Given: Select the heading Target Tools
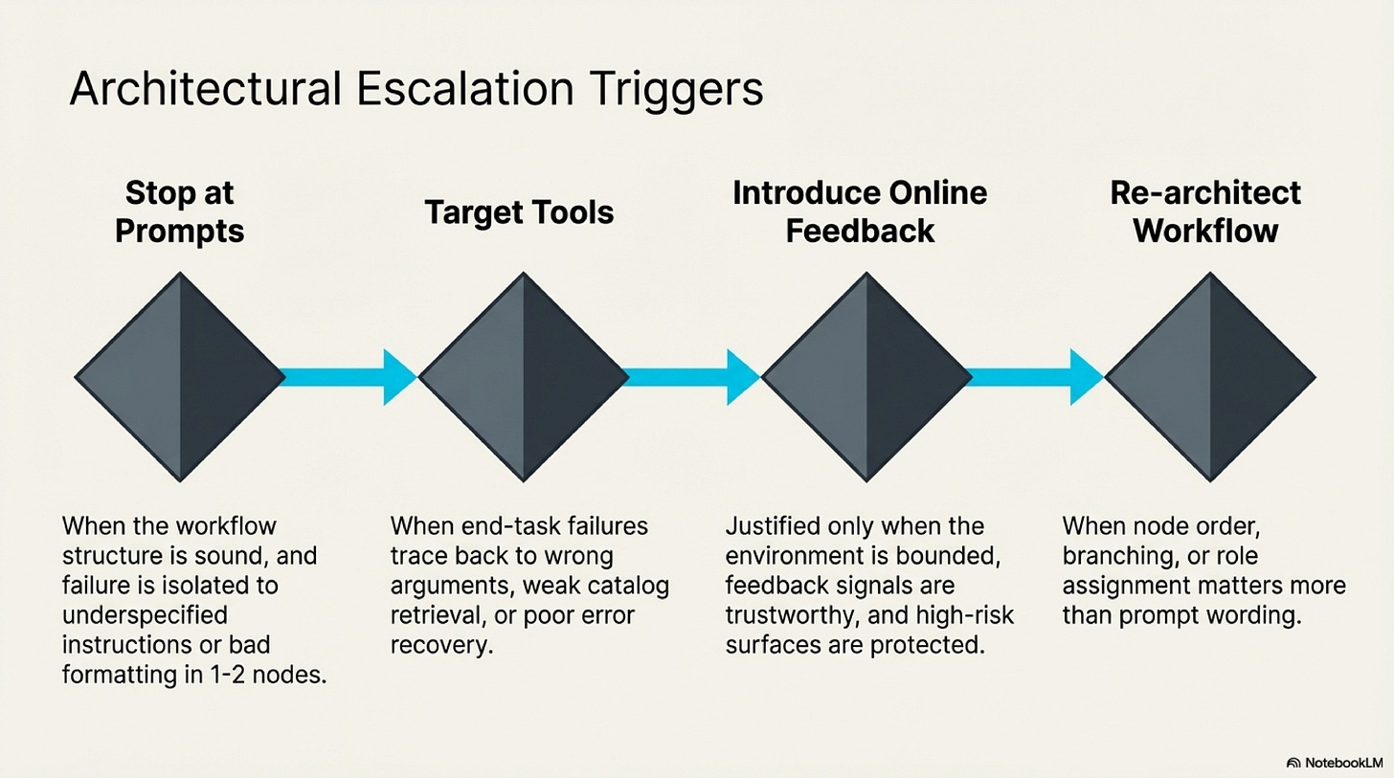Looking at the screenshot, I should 519,212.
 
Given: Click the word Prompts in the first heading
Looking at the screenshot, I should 179,231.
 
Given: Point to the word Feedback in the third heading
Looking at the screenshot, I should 860,231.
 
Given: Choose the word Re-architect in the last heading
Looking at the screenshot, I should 1205,193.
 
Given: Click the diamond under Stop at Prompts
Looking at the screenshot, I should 180,376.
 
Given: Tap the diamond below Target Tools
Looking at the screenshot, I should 524,376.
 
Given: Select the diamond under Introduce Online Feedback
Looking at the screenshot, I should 866,376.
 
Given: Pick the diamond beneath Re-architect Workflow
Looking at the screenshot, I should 1210,376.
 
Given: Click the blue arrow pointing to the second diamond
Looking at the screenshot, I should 349,377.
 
